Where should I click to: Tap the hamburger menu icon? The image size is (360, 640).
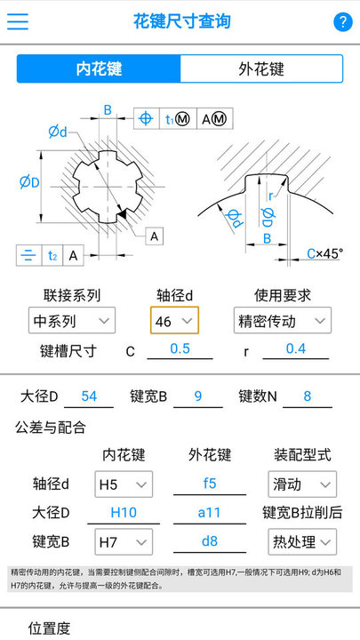point(18,21)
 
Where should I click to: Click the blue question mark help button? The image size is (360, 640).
point(342,21)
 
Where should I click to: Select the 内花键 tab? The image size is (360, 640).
point(99,68)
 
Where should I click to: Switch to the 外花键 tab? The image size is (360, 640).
point(261,68)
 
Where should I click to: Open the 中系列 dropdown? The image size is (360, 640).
point(72,320)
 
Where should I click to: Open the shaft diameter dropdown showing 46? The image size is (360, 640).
point(175,320)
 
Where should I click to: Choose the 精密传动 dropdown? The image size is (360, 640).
point(283,320)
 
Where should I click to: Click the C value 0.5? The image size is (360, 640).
point(180,348)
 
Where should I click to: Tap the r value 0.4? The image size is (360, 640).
point(296,348)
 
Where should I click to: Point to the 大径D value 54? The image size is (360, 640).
point(89,396)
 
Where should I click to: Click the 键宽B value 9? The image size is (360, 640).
point(198,396)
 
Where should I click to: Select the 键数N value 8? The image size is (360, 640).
point(308,396)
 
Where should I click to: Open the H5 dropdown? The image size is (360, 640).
point(124,484)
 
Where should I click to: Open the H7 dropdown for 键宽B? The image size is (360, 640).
point(124,541)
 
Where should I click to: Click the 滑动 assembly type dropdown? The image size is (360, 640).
point(302,484)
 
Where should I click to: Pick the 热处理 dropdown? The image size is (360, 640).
point(302,541)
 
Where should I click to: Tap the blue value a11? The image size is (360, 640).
point(210,513)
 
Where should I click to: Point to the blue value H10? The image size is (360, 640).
point(124,513)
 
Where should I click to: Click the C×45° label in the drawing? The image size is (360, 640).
point(325,254)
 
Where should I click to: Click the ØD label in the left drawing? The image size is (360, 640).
point(29,182)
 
